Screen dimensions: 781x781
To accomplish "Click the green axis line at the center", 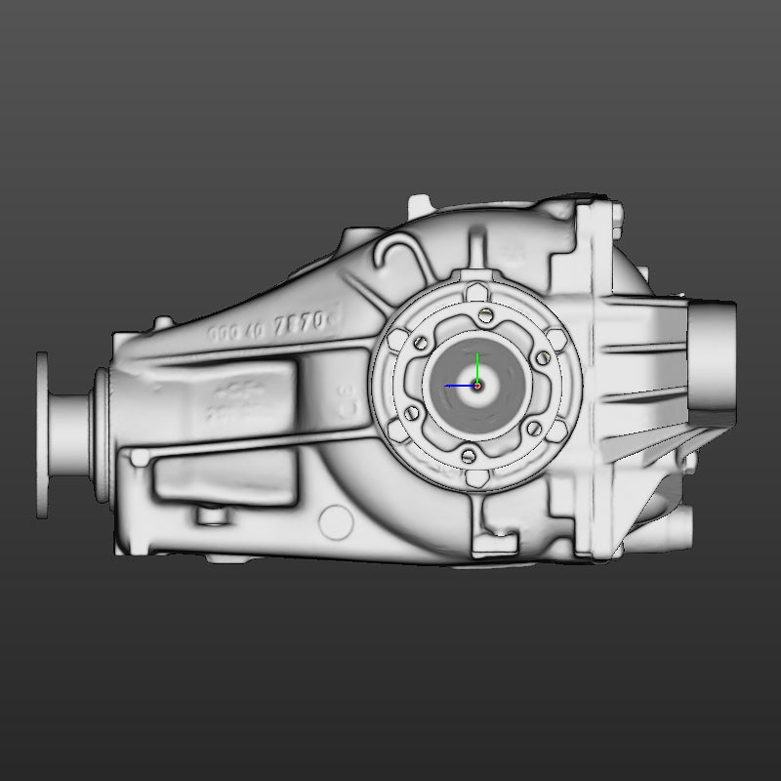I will point(476,369).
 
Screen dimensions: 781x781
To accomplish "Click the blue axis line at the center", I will point(459,386).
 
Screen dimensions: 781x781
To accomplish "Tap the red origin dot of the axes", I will point(477,386).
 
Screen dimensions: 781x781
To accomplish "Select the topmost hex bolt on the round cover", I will point(475,293).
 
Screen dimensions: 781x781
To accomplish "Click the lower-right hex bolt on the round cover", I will point(556,431).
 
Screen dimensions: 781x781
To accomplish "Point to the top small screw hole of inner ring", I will point(486,312).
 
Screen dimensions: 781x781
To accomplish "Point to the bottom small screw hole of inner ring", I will point(468,456).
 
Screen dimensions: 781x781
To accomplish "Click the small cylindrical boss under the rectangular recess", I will point(207,514).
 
